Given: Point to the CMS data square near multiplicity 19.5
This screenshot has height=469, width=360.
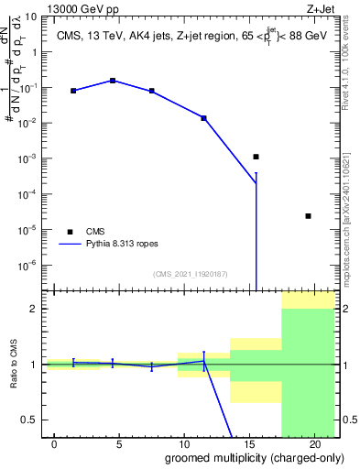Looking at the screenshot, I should (x=308, y=216).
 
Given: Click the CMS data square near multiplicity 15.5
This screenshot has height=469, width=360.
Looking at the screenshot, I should (x=256, y=157).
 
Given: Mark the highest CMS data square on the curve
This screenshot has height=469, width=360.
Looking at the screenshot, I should (x=113, y=81).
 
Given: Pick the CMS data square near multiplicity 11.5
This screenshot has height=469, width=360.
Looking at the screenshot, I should (x=203, y=118).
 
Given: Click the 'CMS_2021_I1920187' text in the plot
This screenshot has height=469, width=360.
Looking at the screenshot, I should (x=190, y=274).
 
